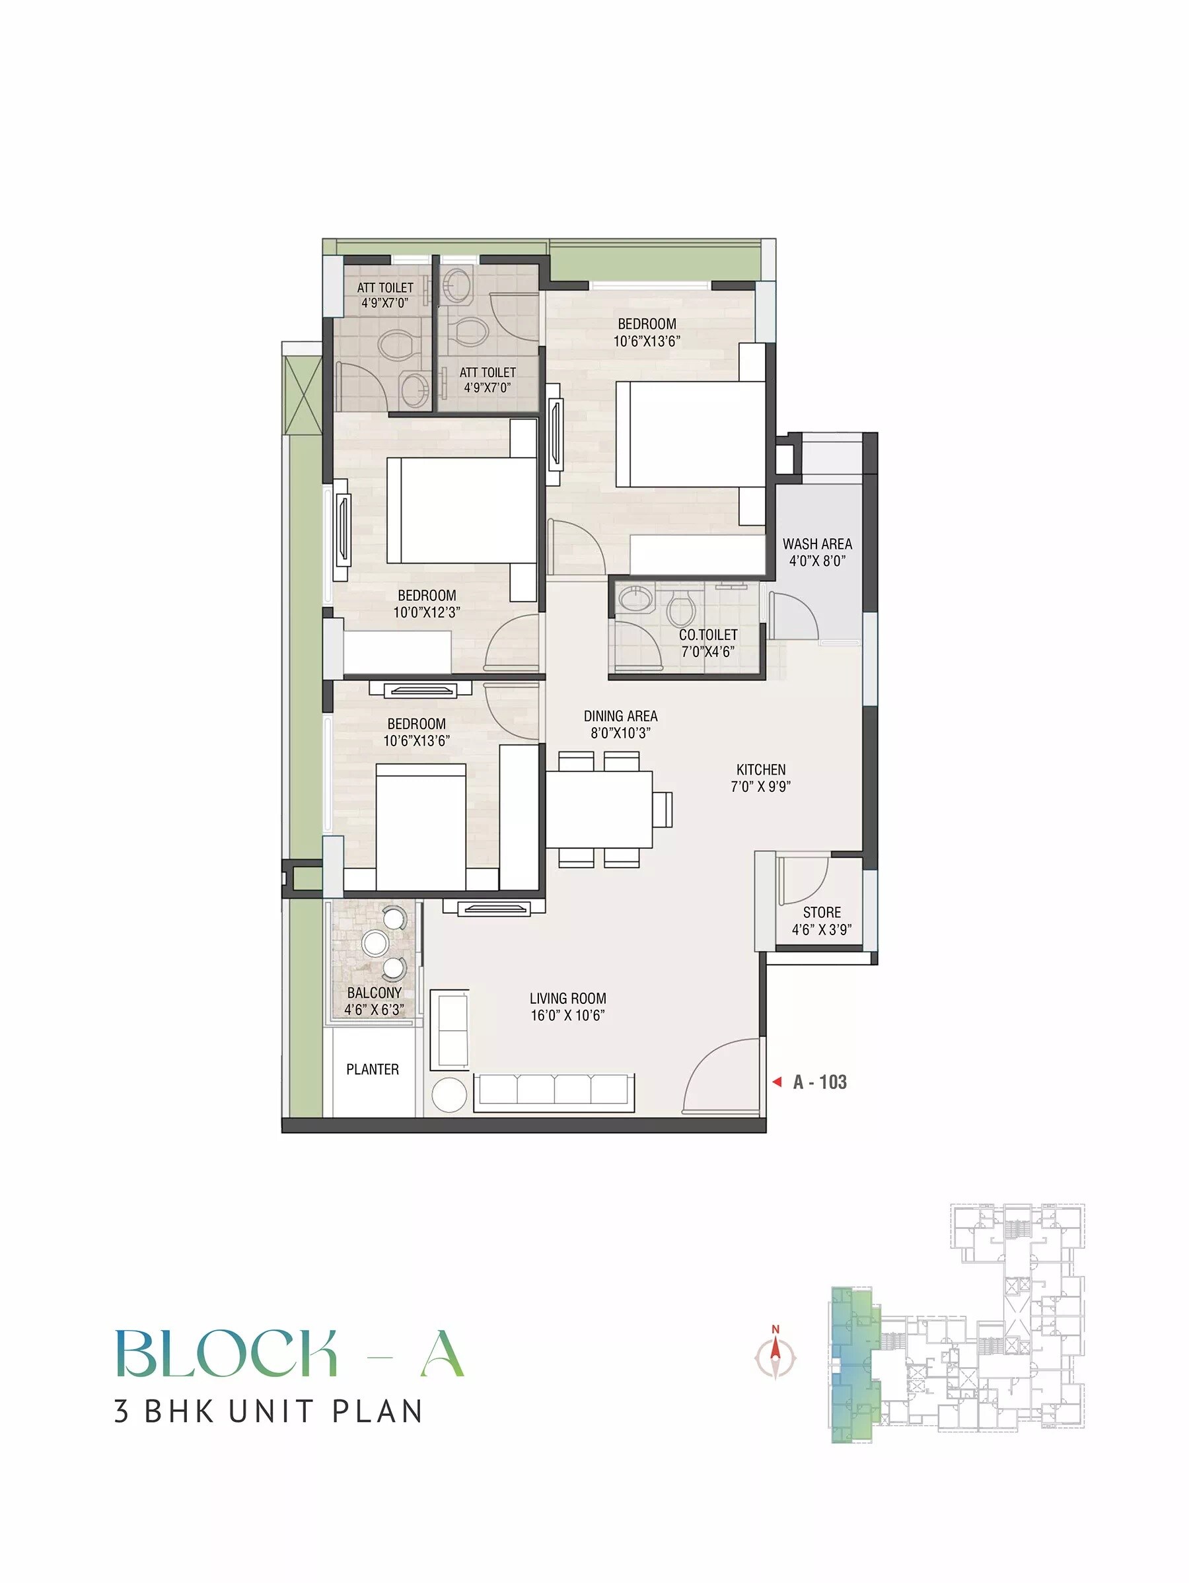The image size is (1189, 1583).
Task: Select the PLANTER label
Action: [x=373, y=1069]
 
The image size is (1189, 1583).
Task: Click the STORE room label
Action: [x=821, y=913]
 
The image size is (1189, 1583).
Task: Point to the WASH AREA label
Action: [x=816, y=544]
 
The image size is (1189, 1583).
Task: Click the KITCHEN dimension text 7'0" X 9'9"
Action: [x=760, y=787]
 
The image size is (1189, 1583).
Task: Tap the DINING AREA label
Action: [x=620, y=716]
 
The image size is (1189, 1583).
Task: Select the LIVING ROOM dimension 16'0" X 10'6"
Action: [x=567, y=1016]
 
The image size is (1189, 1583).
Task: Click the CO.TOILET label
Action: [x=708, y=635]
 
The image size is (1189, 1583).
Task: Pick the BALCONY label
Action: [x=374, y=993]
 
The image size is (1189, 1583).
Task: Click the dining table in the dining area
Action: [x=599, y=809]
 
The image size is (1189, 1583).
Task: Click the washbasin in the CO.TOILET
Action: [x=633, y=598]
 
